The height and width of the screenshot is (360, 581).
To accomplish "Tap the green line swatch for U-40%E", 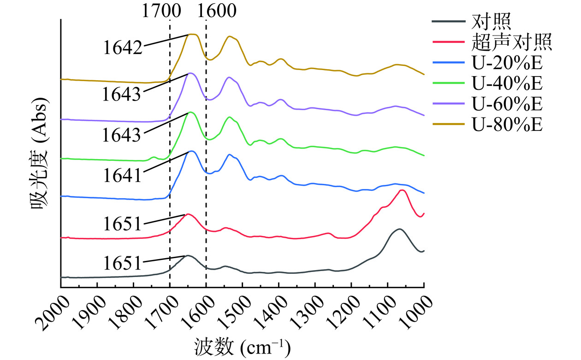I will pyautogui.click(x=447, y=83).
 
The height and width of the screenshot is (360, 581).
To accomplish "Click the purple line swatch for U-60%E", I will pyautogui.click(x=447, y=104).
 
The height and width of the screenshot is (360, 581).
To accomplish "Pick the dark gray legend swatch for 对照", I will pyautogui.click(x=447, y=22).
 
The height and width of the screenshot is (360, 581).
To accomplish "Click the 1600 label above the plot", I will pyautogui.click(x=217, y=10).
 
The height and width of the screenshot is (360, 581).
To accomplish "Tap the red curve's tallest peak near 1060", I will pyautogui.click(x=402, y=190).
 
